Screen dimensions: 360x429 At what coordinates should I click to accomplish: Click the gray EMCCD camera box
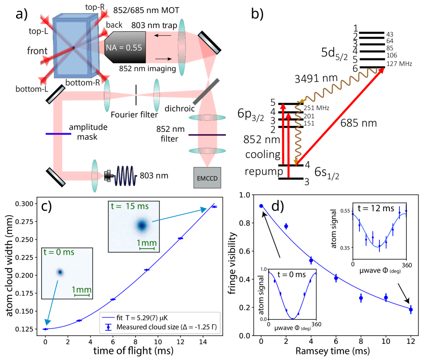pyautogui.click(x=207, y=178)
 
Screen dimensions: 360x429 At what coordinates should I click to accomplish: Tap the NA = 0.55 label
pyautogui.click(x=125, y=48)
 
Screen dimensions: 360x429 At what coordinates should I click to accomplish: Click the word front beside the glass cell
pyautogui.click(x=37, y=51)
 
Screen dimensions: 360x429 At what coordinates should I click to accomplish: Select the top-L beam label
pyautogui.click(x=38, y=31)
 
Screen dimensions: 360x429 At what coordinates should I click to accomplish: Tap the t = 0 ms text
pyautogui.click(x=59, y=252)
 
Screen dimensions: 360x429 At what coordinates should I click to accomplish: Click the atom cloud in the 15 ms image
pyautogui.click(x=141, y=225)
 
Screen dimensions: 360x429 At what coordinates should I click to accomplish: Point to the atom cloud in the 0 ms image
pyautogui.click(x=60, y=272)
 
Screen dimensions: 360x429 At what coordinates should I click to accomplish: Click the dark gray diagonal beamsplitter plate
pyautogui.click(x=203, y=92)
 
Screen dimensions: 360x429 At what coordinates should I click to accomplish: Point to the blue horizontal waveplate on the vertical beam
pyautogui.click(x=59, y=134)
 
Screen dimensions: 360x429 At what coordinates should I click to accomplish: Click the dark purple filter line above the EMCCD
pyautogui.click(x=207, y=135)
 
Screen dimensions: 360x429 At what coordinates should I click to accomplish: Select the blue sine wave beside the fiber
pyautogui.click(x=126, y=176)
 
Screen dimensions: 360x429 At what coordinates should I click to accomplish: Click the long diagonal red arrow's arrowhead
pyautogui.click(x=381, y=71)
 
